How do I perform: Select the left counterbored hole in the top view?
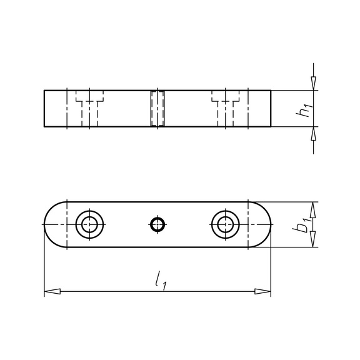click(91, 224)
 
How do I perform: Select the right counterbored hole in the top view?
click(225, 224)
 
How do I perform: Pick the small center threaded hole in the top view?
click(157, 224)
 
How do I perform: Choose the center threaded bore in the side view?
click(157, 109)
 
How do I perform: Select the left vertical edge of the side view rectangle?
click(44, 109)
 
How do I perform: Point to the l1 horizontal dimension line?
click(125, 291)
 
